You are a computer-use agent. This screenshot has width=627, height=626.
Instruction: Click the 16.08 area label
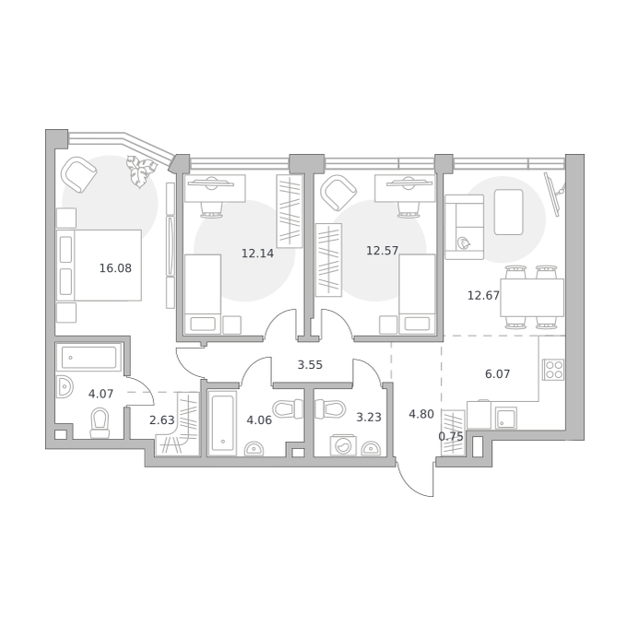115,268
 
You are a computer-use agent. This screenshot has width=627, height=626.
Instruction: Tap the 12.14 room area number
257,253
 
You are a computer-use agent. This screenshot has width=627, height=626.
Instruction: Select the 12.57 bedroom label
383,251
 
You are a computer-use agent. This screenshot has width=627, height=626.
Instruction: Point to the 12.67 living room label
483,295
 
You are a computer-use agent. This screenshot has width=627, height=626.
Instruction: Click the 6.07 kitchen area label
497,373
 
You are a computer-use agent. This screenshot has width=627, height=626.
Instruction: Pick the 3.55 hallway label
310,364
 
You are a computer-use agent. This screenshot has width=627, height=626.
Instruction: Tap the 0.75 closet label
451,436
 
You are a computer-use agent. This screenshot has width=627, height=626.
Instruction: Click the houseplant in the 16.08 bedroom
140,171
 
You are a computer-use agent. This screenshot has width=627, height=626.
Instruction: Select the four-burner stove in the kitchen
553,370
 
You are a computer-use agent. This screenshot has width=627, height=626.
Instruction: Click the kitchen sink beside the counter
506,418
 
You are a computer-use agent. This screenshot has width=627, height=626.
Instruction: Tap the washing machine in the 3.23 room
343,444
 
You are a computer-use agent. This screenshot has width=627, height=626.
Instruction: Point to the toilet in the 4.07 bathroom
100,423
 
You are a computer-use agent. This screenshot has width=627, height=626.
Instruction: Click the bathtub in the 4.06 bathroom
222,423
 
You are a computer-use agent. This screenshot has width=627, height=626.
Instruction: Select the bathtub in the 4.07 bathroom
89,357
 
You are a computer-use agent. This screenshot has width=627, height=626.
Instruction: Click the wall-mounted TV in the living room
554,194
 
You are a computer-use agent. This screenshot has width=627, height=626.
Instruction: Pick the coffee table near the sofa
508,212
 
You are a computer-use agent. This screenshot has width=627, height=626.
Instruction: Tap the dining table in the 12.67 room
532,298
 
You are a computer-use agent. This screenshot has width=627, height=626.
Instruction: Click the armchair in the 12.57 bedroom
338,193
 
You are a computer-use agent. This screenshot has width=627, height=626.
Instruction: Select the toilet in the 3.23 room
330,409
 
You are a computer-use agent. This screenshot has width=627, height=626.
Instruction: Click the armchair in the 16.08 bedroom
78,174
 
